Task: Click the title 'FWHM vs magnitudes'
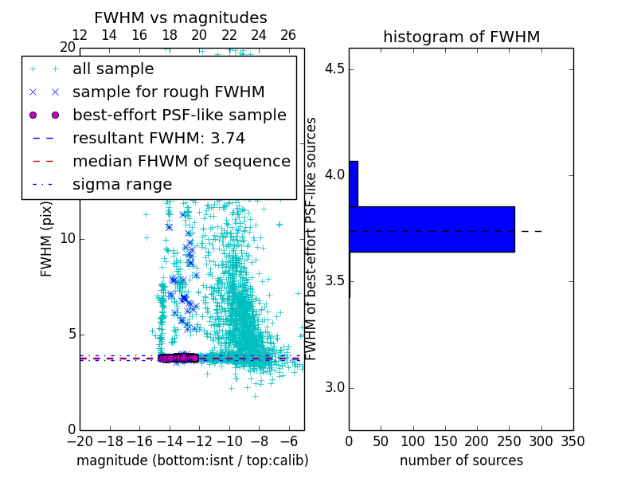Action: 181,18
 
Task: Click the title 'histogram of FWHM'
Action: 461,37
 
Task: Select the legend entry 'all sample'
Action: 113,69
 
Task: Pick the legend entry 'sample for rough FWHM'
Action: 168,92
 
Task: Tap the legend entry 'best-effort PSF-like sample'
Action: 179,115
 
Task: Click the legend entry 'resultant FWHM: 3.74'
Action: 158,138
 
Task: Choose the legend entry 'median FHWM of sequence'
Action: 181,161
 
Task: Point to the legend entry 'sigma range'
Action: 122,184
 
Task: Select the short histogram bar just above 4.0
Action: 354,184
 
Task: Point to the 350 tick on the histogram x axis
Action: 573,441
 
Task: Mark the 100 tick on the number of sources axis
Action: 412,441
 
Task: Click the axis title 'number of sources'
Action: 461,460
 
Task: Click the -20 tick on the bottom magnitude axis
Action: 80,441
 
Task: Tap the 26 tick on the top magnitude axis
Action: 288,35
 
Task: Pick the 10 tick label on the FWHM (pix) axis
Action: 67,239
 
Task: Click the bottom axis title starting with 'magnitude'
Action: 192,460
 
